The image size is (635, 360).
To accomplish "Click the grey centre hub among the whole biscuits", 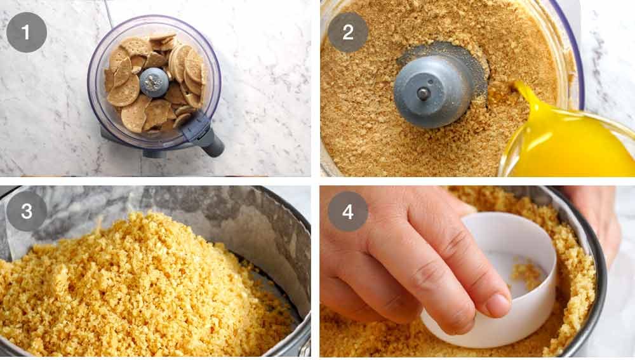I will [x=153, y=82].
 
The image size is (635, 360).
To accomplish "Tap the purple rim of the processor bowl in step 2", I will [x=575, y=51].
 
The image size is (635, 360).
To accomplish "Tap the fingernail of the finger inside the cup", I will [x=497, y=305].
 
